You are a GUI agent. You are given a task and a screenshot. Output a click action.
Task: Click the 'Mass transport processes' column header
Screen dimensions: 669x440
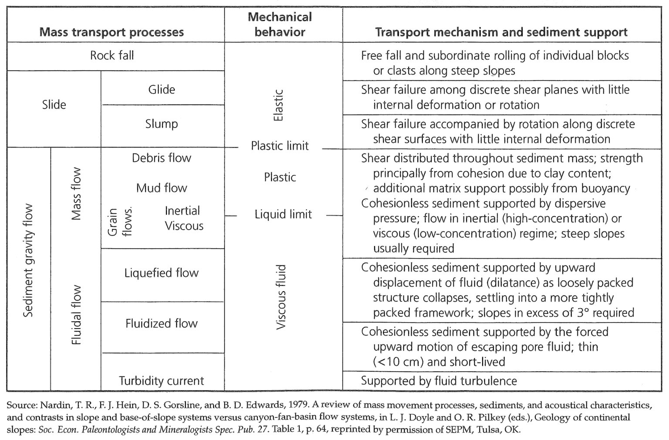(111, 32)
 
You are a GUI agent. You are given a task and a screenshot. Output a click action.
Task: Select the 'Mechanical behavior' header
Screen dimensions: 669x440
(280, 24)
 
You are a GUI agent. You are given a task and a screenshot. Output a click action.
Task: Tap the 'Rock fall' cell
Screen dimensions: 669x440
(112, 56)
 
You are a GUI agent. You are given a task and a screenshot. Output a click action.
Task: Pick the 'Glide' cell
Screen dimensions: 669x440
(162, 90)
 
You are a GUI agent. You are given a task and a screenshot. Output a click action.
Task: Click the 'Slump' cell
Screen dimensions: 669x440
(162, 124)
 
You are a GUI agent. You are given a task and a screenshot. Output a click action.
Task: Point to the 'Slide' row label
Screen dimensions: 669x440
(54, 105)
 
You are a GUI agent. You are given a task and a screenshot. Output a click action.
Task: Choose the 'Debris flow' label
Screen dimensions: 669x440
(162, 158)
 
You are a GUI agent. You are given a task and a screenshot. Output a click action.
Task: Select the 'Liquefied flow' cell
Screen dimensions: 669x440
(162, 273)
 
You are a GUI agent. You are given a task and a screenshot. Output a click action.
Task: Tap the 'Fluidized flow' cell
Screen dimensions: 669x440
(162, 324)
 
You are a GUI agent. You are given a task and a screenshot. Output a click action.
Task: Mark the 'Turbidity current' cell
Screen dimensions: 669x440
(162, 381)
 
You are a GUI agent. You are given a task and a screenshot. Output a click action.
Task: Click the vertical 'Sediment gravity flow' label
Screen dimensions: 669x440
(28, 261)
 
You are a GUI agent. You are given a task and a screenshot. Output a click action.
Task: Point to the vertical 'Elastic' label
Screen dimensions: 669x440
(278, 105)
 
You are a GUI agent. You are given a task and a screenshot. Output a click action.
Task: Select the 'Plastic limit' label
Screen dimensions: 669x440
(280, 146)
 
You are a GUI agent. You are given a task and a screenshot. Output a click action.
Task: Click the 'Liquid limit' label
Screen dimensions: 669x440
(283, 214)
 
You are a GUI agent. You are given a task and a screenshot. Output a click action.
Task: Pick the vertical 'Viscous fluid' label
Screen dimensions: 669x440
(281, 297)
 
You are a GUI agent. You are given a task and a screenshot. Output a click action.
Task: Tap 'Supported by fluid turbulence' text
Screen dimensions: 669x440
(439, 381)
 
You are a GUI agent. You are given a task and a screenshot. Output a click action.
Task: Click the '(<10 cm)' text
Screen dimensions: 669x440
(399, 362)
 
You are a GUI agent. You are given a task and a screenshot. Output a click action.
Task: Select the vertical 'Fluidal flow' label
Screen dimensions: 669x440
(77, 315)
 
